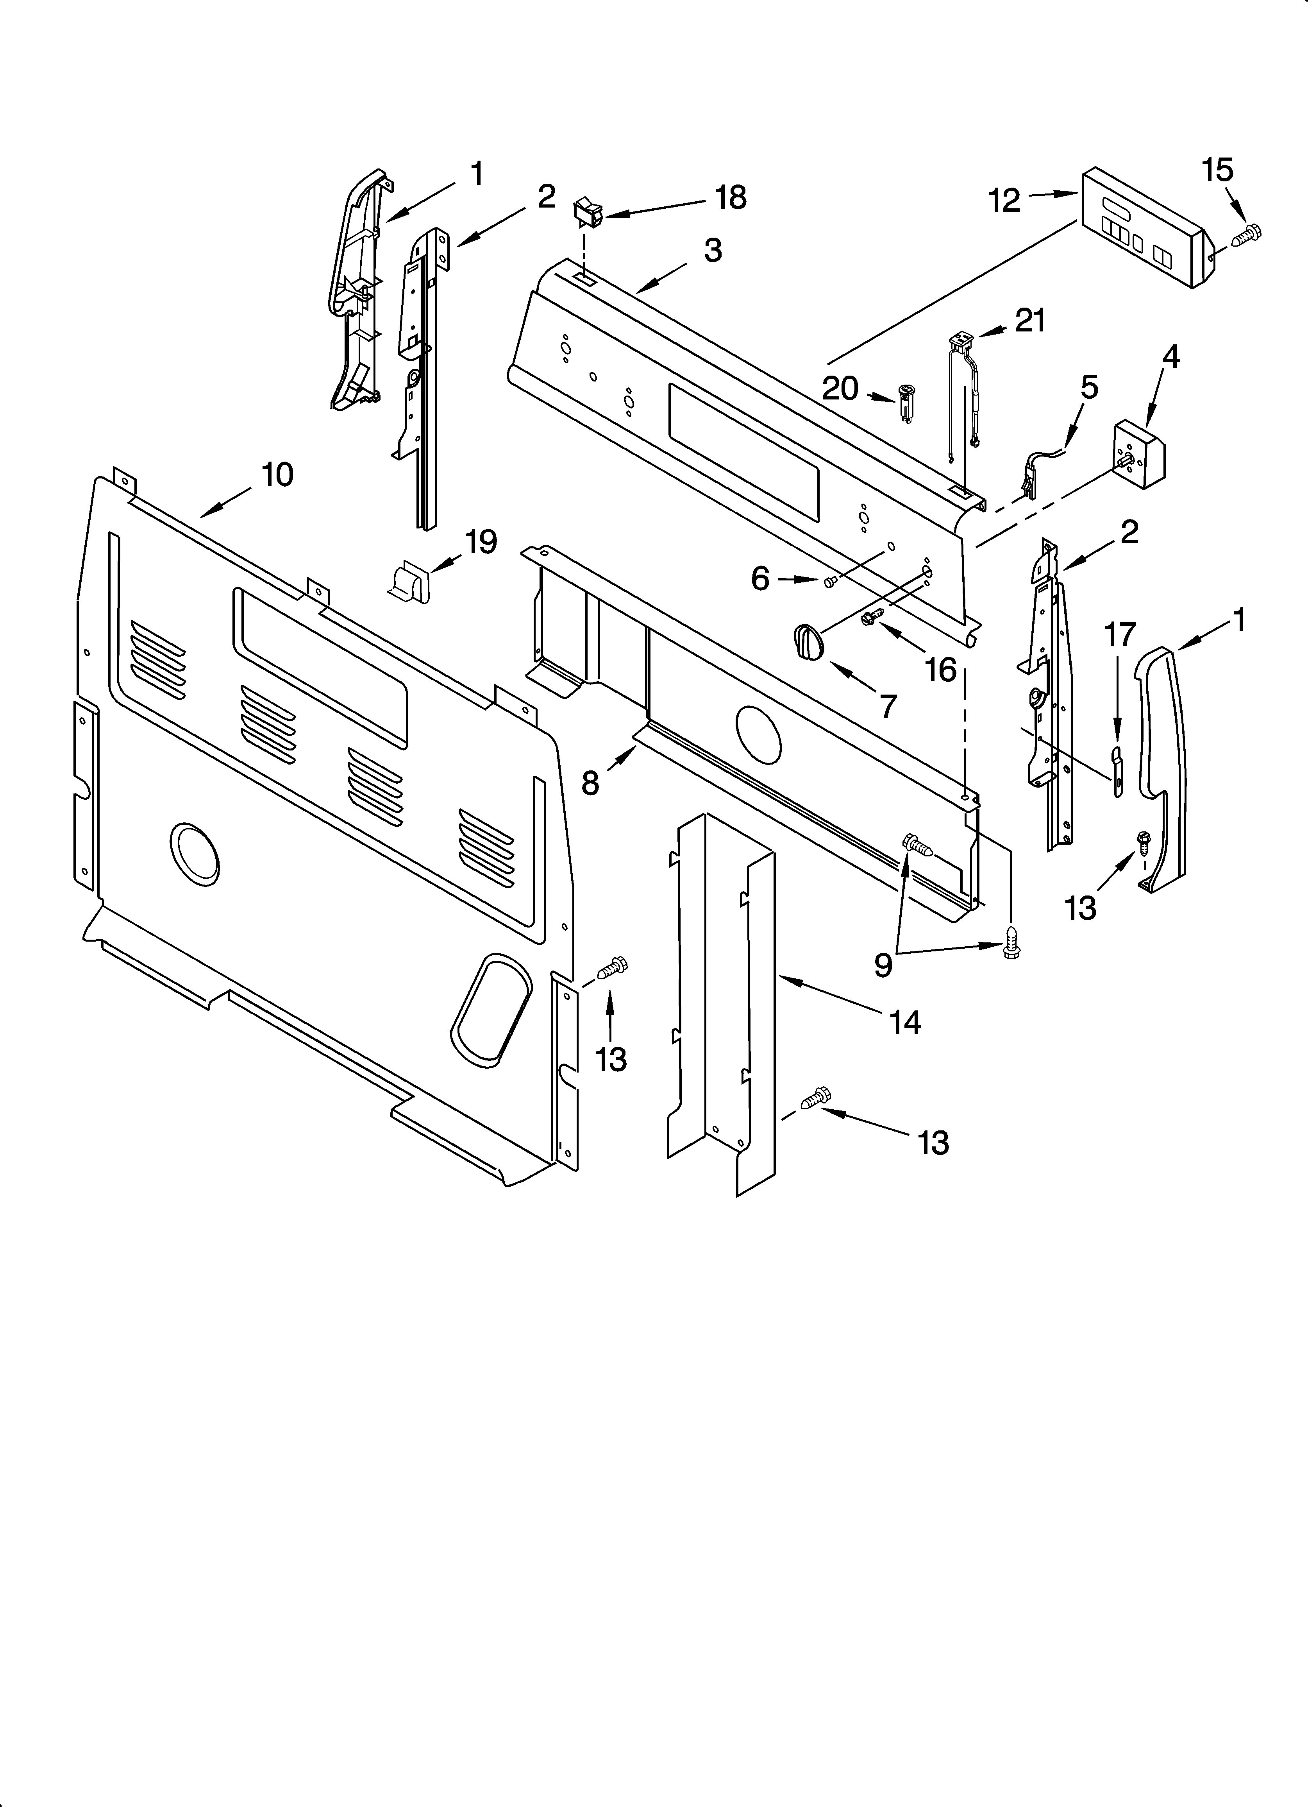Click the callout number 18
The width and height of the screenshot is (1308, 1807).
click(x=731, y=198)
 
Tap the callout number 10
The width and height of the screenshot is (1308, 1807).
click(x=277, y=475)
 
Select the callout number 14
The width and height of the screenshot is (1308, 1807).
click(x=906, y=1022)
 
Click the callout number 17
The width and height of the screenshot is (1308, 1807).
click(x=1119, y=635)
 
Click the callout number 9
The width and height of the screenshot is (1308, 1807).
click(x=883, y=965)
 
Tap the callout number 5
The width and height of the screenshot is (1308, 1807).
click(x=1089, y=388)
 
